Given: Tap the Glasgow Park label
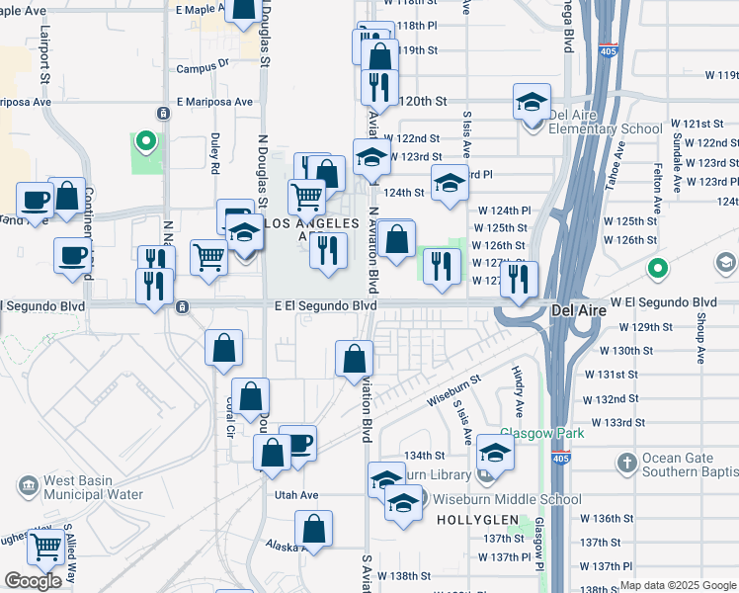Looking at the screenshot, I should (541, 433).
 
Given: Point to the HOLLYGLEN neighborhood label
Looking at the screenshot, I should (468, 518).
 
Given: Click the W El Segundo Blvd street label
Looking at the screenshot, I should (663, 301).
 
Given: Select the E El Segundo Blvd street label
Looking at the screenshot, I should (326, 306).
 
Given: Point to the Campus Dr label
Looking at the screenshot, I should (203, 68).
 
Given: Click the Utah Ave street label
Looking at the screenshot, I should (296, 494).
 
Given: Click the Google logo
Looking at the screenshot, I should (33, 580).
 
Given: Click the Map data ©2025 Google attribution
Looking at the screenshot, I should (678, 585).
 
